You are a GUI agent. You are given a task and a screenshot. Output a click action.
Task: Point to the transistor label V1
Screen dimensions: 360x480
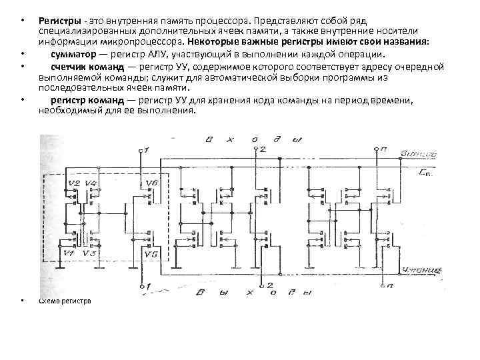tap(68, 254)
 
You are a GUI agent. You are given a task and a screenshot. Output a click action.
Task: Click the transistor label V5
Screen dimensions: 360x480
tap(151, 255)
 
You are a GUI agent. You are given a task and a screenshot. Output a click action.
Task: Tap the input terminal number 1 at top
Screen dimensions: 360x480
tap(147, 150)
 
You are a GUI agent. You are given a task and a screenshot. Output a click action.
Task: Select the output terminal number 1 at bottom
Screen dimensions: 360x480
tap(147, 287)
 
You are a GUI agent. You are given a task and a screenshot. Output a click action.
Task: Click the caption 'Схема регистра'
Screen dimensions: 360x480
tap(65, 301)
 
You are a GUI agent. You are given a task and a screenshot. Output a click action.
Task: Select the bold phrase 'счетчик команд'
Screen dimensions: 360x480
tap(82, 67)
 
